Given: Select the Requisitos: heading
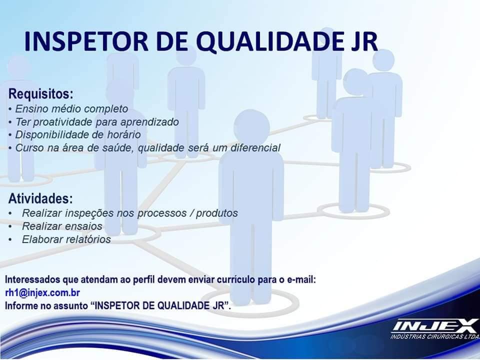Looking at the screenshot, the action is pos(41,93).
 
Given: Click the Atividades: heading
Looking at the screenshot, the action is pos(40,198).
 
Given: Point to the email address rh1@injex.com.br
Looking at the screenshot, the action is pos(42,292).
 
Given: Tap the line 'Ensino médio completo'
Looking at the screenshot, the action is pos(71,109).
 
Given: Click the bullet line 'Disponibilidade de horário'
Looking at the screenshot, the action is pos(78,134).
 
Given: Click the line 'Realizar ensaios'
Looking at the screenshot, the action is pos(62,226).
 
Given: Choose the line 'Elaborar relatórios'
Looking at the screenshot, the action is pos(66,239).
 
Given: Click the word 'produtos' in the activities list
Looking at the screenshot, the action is pos(216,213).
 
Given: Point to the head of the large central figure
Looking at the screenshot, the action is pos(251,127).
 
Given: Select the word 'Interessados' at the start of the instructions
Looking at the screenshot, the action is pos(33,279).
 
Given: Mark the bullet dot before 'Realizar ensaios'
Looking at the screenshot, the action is pos(10,226).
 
